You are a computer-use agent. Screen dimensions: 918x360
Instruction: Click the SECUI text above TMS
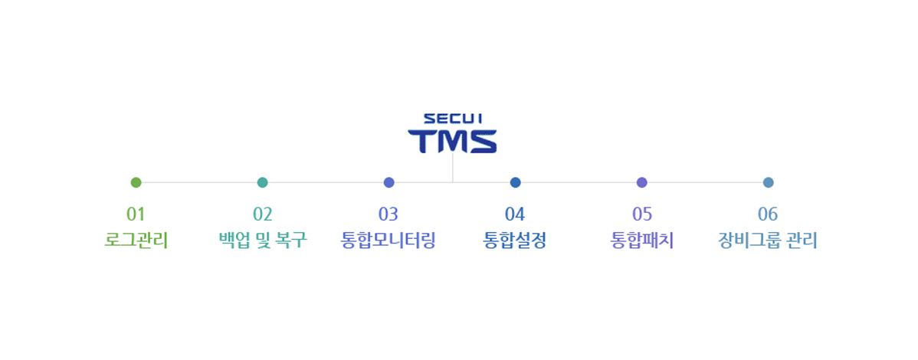453,119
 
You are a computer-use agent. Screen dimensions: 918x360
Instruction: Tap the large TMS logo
453,141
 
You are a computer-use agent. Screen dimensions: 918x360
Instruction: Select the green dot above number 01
136,182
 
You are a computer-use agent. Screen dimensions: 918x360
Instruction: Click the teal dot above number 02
262,182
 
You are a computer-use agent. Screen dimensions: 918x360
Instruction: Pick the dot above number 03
389,182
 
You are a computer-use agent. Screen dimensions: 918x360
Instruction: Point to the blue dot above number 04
515,182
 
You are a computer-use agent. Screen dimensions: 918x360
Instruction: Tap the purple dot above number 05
641,182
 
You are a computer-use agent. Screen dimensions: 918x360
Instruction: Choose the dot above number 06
768,182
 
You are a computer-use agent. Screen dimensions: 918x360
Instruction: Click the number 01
136,214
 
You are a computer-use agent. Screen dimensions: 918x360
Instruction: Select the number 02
262,214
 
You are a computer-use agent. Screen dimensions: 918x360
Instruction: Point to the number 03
389,214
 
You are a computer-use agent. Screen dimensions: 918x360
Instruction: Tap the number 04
515,214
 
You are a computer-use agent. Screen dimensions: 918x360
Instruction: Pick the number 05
641,214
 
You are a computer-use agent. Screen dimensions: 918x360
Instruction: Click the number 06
768,214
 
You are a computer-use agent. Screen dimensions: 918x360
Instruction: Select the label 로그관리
136,241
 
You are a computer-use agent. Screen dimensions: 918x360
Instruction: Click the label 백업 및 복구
262,241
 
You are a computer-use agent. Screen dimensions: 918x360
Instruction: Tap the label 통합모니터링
389,241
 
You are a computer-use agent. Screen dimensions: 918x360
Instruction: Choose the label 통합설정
515,241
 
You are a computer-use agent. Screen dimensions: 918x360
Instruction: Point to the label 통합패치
641,241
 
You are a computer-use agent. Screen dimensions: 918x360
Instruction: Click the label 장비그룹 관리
768,241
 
